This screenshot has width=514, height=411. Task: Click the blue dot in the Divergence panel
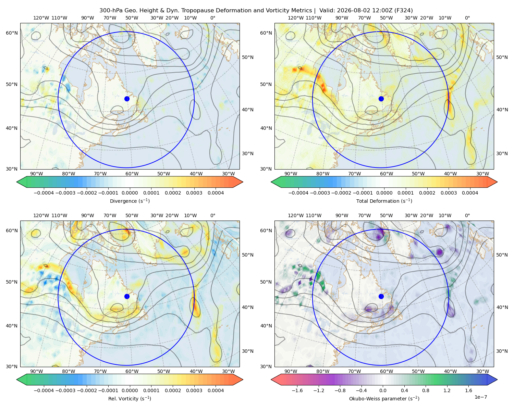(127, 99)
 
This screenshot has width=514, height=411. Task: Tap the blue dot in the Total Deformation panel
(381, 99)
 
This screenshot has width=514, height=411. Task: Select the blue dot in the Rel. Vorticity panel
(127, 296)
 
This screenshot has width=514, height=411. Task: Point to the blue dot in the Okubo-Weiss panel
(381, 296)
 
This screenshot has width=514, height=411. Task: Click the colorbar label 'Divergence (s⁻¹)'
(130, 201)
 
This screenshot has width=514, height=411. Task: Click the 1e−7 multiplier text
(480, 397)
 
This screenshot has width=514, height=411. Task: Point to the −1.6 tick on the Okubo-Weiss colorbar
(297, 390)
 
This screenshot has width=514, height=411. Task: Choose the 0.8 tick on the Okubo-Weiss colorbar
(426, 390)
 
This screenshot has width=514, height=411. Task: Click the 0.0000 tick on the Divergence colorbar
(130, 193)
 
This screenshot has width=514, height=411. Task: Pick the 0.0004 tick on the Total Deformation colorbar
(470, 193)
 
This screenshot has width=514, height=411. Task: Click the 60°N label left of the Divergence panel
(12, 33)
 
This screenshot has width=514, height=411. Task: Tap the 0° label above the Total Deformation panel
(467, 18)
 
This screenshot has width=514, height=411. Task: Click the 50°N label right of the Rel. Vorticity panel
(248, 255)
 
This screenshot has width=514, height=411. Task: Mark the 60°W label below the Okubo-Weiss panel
(386, 371)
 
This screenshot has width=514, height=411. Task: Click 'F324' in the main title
(403, 11)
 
